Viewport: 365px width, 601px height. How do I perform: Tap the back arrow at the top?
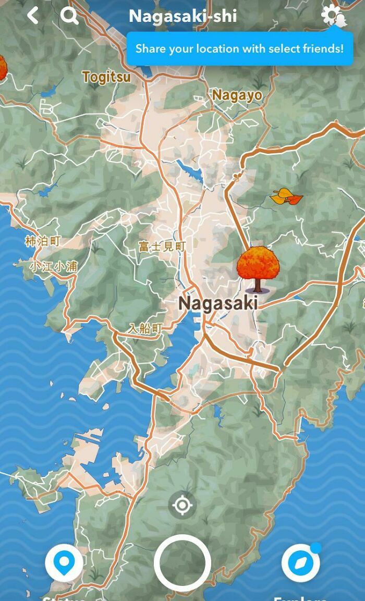click(33, 16)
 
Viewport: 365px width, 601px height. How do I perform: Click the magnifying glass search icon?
click(69, 16)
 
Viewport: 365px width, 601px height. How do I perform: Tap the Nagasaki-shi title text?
click(182, 16)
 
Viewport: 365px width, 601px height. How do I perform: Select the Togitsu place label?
click(106, 78)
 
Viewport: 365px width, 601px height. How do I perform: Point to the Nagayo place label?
click(237, 95)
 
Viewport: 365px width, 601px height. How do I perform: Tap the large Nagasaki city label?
click(218, 303)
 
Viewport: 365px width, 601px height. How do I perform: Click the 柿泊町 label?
click(43, 241)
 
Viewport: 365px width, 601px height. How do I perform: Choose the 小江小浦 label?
click(53, 266)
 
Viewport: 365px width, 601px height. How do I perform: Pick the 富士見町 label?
click(162, 246)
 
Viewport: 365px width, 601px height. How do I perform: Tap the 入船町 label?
click(145, 328)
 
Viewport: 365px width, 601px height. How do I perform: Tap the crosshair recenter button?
click(182, 505)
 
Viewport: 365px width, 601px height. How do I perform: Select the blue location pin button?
click(64, 563)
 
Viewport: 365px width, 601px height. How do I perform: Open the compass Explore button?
click(300, 563)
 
